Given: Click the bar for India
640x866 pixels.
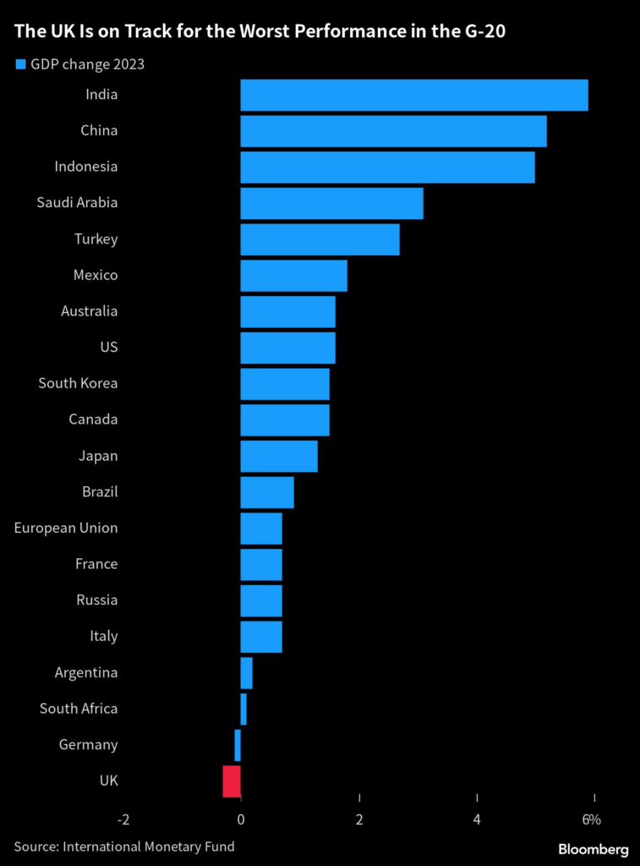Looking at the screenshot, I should click(413, 95).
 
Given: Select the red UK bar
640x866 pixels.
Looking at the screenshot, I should click(232, 781).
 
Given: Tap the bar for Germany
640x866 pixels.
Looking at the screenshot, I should click(238, 745).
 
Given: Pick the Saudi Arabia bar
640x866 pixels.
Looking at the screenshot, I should click(331, 203).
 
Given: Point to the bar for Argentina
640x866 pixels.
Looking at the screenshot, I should click(246, 673).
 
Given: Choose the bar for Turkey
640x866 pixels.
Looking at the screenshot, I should click(320, 239).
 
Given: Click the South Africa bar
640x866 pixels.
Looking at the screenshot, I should click(243, 709).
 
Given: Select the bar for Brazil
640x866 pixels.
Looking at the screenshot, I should click(267, 492).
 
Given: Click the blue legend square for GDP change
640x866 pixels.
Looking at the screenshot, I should click(19, 63).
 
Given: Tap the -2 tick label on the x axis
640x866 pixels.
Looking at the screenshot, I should click(123, 819).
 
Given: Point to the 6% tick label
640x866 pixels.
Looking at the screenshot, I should click(591, 819).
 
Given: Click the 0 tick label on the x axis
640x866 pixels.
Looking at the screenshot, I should click(241, 819).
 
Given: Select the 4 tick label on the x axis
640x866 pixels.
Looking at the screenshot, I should click(478, 819).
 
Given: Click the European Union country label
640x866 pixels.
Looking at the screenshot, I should click(66, 529).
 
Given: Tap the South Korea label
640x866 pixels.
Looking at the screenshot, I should click(78, 384).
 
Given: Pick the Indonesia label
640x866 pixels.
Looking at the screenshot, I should click(85, 167).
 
